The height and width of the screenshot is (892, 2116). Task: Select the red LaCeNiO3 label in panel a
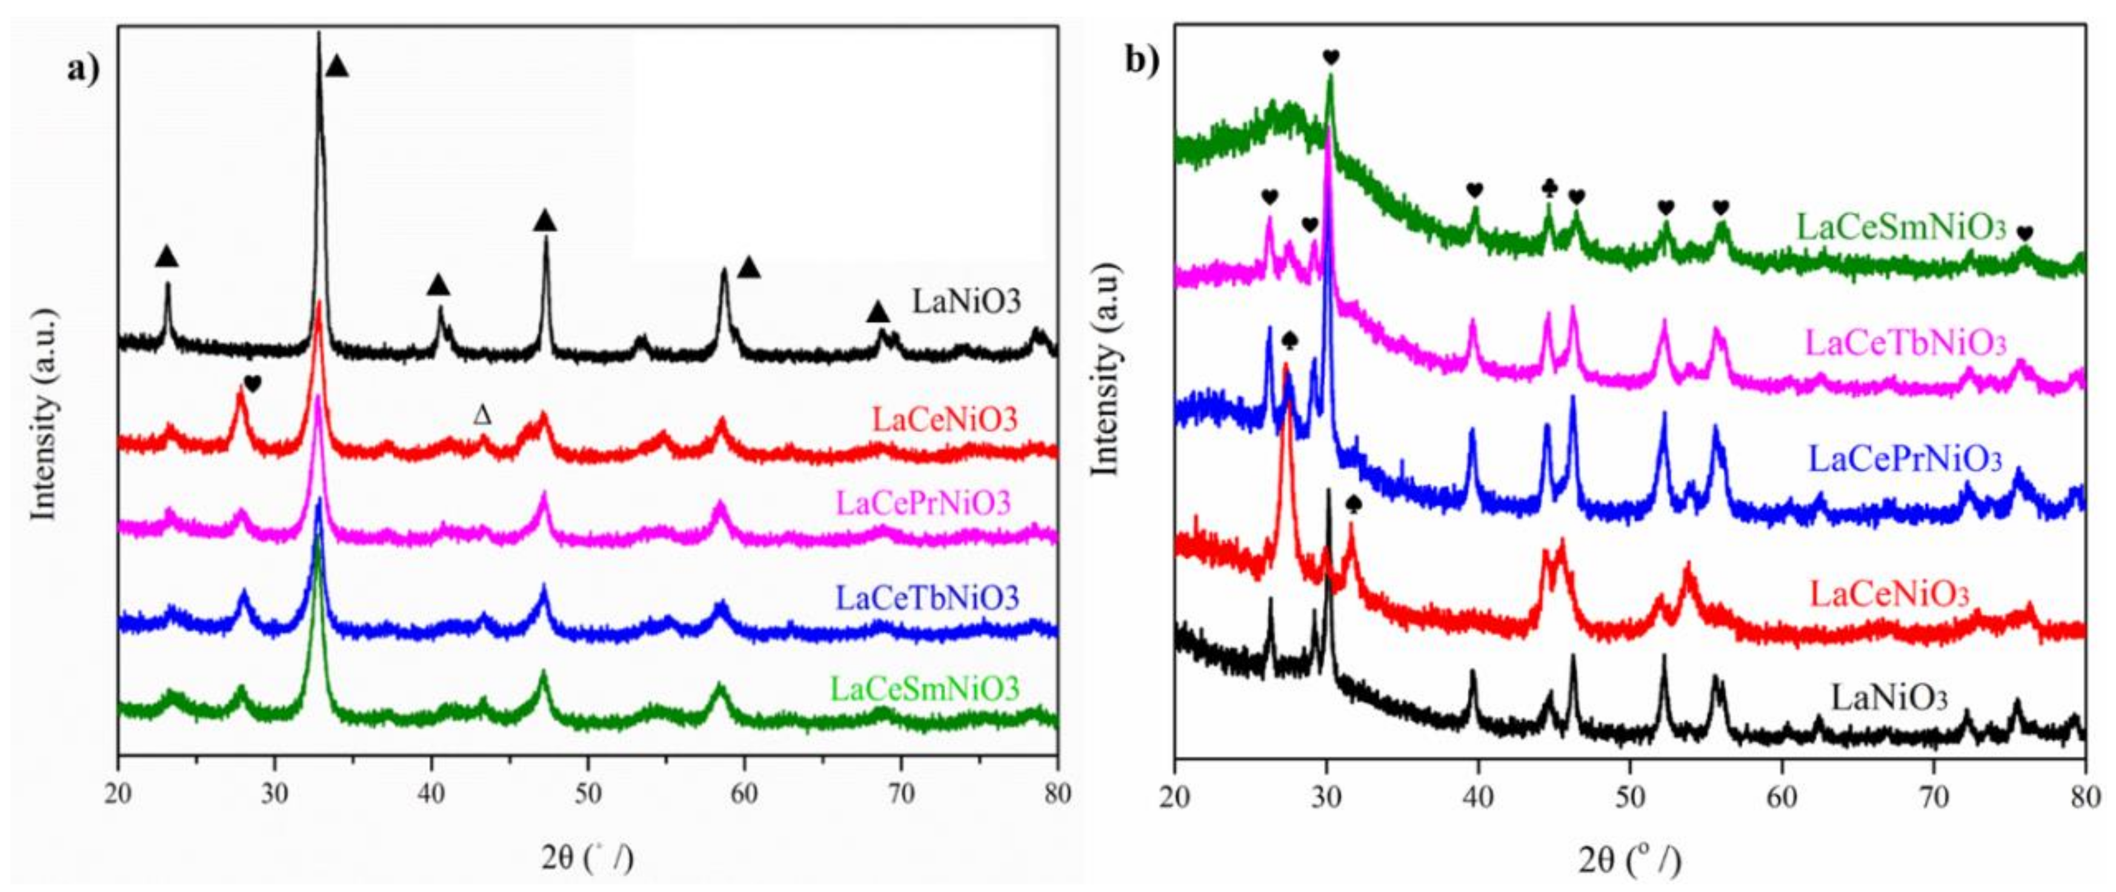[945, 420]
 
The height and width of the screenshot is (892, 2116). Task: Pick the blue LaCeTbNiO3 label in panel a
[927, 597]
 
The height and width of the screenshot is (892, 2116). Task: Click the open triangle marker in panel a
[482, 416]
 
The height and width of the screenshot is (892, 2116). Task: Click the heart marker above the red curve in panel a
[252, 384]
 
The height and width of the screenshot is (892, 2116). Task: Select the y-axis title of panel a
[42, 414]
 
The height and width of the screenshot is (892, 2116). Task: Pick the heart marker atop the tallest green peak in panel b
[1331, 57]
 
